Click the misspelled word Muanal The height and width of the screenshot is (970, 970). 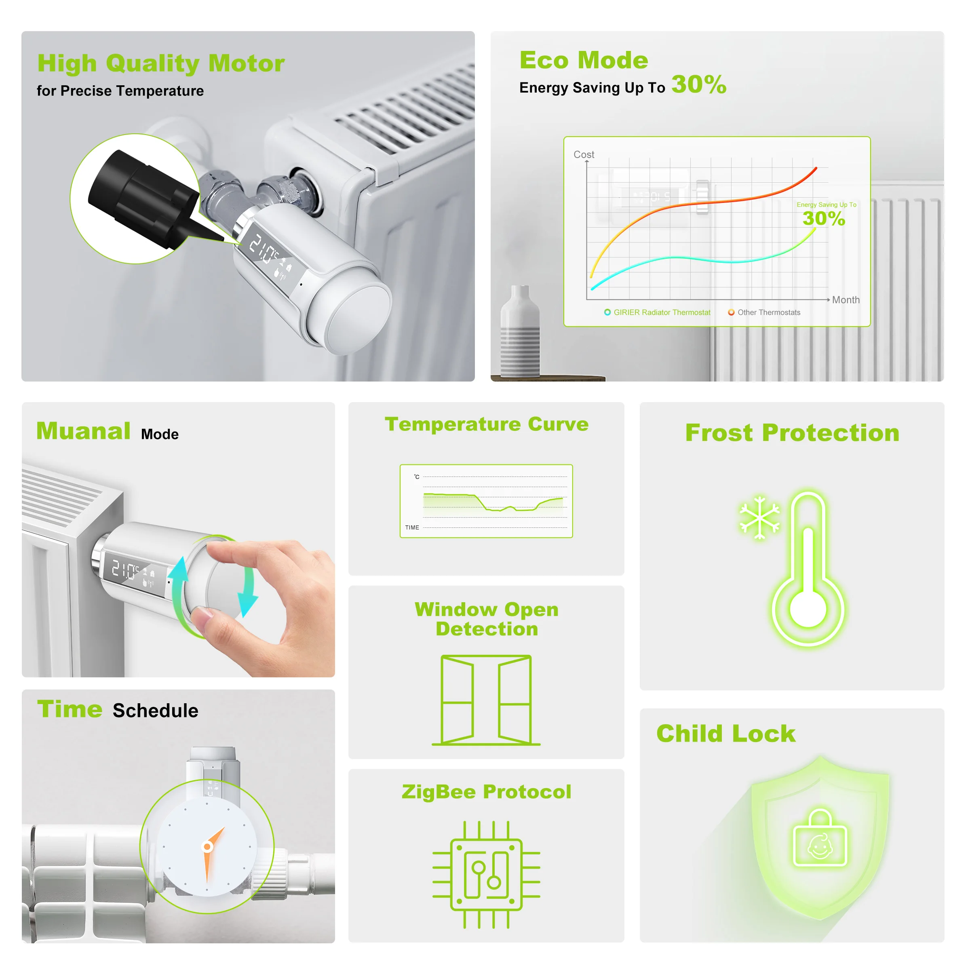pyautogui.click(x=83, y=431)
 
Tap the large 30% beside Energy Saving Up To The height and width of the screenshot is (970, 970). pyautogui.click(x=698, y=84)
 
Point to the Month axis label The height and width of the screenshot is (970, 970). pyautogui.click(x=846, y=300)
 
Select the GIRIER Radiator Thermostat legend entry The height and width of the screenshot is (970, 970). pyautogui.click(x=658, y=312)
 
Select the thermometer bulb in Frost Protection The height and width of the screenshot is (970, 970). pyautogui.click(x=808, y=609)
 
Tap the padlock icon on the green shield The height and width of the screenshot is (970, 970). pyautogui.click(x=820, y=839)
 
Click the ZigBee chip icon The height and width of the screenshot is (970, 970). pyautogui.click(x=486, y=874)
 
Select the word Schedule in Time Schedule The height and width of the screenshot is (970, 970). pyautogui.click(x=155, y=711)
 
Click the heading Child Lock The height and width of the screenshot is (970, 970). pyautogui.click(x=725, y=734)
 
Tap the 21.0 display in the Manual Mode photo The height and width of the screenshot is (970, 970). pyautogui.click(x=124, y=570)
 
